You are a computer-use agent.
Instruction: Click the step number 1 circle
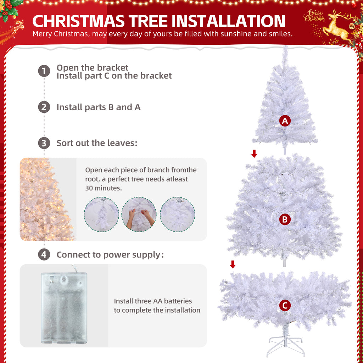(x=44, y=71)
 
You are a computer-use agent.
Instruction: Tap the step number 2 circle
(x=44, y=107)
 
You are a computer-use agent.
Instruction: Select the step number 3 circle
(x=44, y=143)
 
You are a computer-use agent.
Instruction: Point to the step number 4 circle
(x=44, y=255)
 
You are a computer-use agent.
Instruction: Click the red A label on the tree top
(x=285, y=121)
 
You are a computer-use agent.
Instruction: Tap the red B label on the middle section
(x=285, y=219)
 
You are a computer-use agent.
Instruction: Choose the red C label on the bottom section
(x=285, y=306)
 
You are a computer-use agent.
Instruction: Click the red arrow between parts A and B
(x=254, y=153)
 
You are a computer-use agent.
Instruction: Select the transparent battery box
(x=64, y=308)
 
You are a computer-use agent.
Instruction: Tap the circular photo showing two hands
(x=139, y=214)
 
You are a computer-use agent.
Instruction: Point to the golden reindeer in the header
(x=337, y=27)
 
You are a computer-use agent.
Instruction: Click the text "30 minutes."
(x=104, y=188)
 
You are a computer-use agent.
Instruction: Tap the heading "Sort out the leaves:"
(x=97, y=143)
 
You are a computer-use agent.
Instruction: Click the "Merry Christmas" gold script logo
(x=314, y=16)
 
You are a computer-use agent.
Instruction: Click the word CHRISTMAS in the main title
(x=78, y=21)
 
